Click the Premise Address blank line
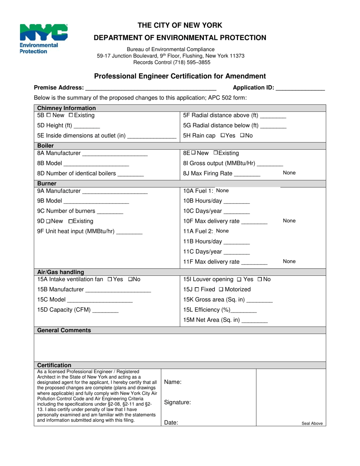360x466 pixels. pos(151,88)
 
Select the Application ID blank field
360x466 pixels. pos(300,88)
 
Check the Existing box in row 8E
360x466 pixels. pos(216,153)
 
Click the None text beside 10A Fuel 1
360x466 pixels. pos(222,191)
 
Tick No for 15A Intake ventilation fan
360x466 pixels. pos(130,280)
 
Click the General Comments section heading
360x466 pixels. pos(64,330)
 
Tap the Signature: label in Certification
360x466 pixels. pos(177,403)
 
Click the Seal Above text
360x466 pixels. pos(312,424)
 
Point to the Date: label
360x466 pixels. pos(171,423)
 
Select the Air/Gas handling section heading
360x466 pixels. pos(61,272)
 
